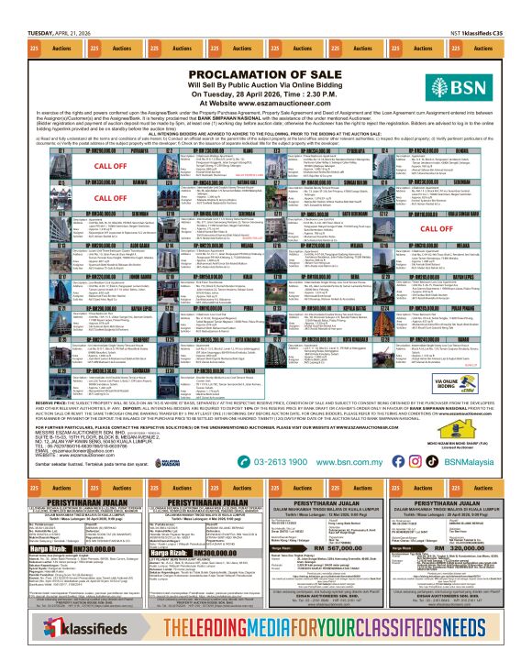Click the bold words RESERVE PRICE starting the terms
point(47,402)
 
